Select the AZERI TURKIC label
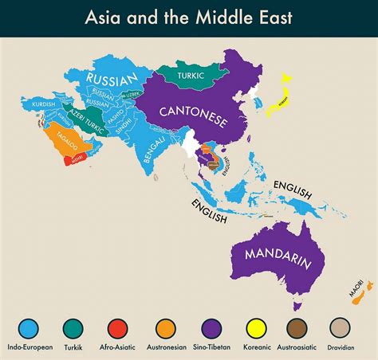84,119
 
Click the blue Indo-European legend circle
30,327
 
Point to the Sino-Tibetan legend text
211,347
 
